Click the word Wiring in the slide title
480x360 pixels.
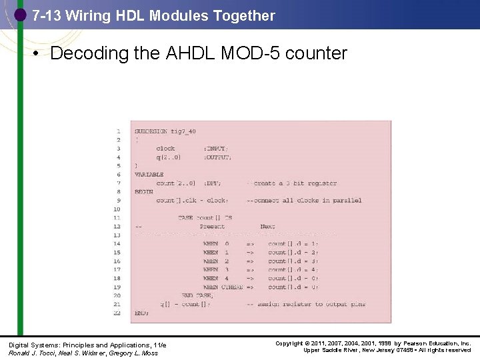[89, 15]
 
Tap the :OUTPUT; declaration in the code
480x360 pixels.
[217, 157]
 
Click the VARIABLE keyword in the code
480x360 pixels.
[149, 175]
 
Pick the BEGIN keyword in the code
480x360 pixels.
[144, 192]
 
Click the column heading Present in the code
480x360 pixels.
[212, 227]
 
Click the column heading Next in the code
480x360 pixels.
[267, 227]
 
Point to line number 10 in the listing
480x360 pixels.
[117, 209]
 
